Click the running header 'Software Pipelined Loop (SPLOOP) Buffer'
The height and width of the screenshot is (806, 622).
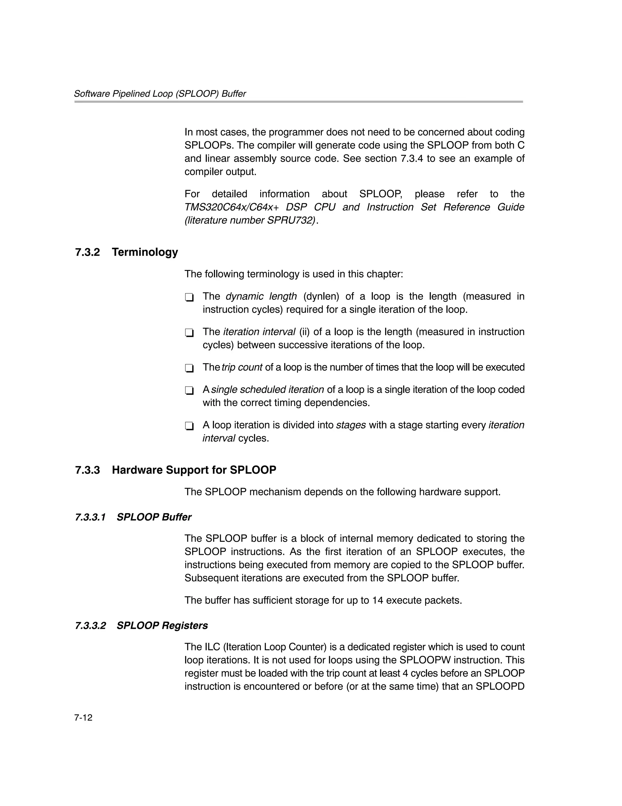tap(160, 94)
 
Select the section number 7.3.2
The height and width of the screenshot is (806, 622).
tap(87, 252)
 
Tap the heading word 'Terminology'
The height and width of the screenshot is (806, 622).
tap(145, 252)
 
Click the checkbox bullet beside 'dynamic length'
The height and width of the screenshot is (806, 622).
tap(189, 297)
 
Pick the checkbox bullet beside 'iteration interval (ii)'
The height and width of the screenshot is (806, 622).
tap(189, 333)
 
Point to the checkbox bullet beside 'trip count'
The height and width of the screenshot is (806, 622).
tap(189, 368)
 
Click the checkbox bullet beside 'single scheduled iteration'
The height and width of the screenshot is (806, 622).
tap(189, 390)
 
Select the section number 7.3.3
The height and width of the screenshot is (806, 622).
tap(87, 470)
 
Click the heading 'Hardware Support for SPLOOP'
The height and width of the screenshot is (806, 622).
tap(194, 470)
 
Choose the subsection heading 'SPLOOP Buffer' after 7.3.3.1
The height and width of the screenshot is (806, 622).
tap(154, 517)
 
